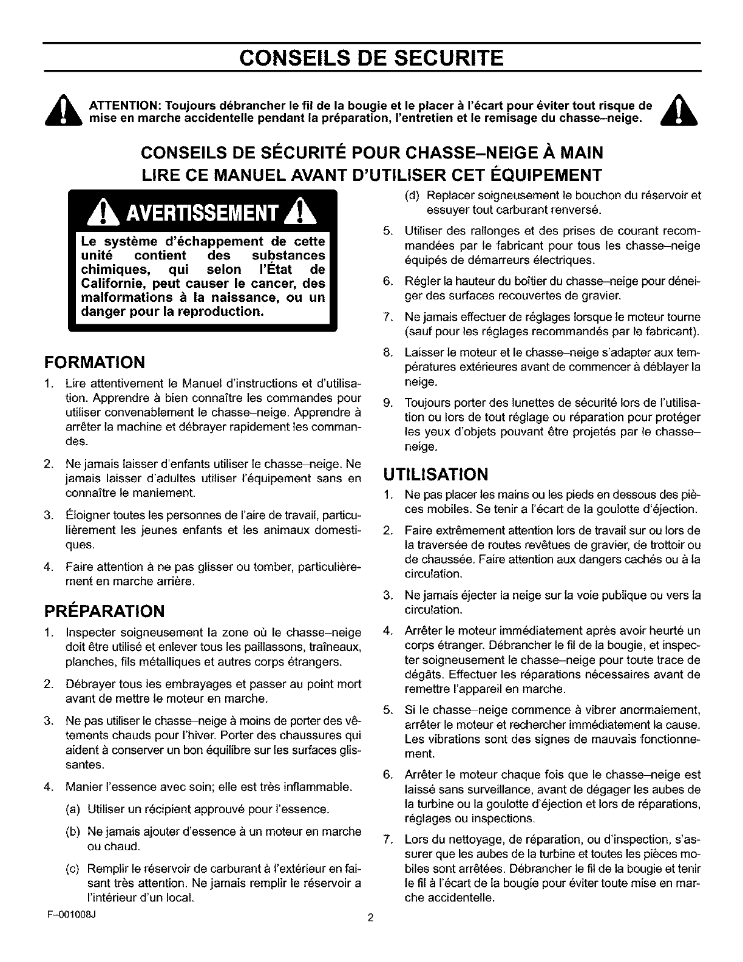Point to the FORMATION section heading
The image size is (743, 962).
(95, 363)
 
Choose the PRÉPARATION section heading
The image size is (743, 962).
(104, 610)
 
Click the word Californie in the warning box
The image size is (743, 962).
(114, 284)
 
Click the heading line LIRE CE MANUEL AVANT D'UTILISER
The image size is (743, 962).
(371, 175)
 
